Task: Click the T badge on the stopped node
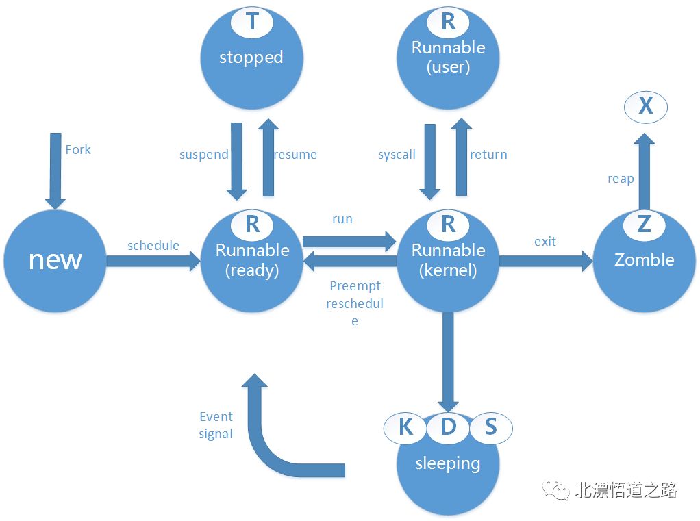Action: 252,22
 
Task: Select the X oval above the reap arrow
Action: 645,106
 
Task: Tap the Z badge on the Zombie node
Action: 644,224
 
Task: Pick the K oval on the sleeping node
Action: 405,427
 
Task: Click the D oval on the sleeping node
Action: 448,427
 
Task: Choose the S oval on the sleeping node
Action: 490,427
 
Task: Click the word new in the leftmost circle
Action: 55,259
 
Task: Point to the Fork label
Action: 78,150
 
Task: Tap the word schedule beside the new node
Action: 153,246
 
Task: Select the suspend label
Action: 203,155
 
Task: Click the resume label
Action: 296,155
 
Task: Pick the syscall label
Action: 397,155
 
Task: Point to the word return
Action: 488,155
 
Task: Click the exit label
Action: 545,242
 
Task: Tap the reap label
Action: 621,179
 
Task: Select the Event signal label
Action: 216,425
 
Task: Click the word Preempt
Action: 355,286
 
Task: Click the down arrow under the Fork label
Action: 55,171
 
